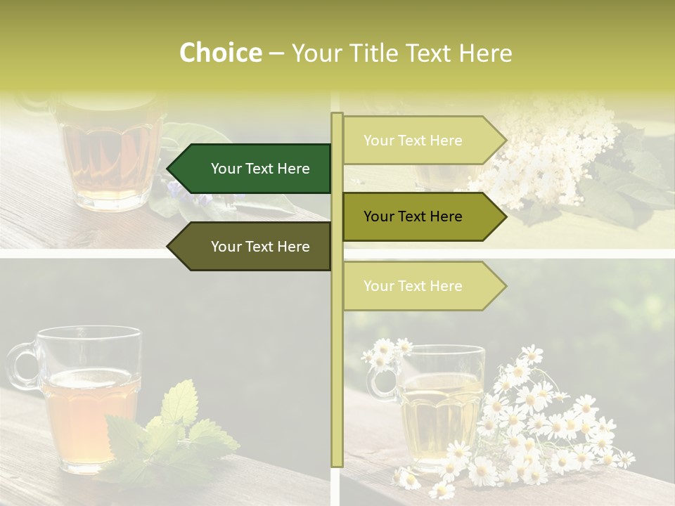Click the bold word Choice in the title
pyautogui.click(x=220, y=53)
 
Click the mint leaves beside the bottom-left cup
pyautogui.click(x=176, y=429)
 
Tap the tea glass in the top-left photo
pyautogui.click(x=109, y=155)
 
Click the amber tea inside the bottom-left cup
pyautogui.click(x=88, y=415)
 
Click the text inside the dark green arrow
pyautogui.click(x=260, y=169)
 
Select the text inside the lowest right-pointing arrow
pyautogui.click(x=413, y=286)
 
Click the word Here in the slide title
pyautogui.click(x=485, y=53)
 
